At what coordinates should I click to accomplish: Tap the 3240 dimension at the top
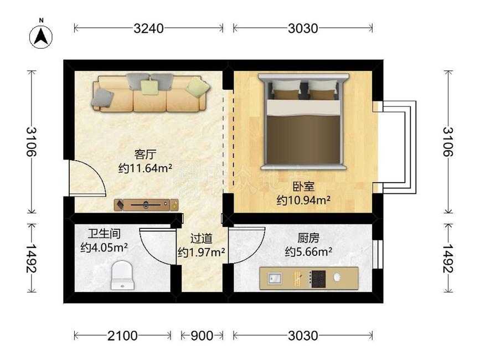tap(148, 28)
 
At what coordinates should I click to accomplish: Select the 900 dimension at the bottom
tap(202, 336)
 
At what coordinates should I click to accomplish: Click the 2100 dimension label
tap(122, 336)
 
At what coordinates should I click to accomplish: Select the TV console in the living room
tap(147, 205)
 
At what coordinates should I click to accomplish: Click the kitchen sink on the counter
tap(275, 277)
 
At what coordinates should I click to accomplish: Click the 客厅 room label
tap(145, 153)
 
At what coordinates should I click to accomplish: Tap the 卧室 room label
tap(303, 187)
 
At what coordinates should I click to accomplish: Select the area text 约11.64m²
tap(145, 167)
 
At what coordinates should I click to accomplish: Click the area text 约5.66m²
tap(308, 252)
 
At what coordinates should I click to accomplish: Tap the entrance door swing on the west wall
tap(83, 177)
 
